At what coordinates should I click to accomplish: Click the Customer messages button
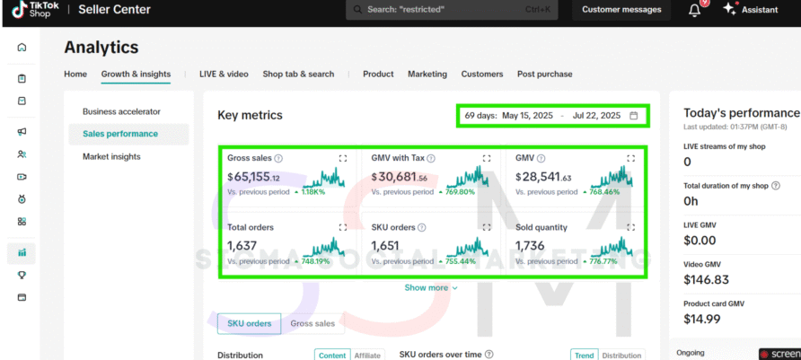(621, 10)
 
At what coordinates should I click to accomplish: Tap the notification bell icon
(694, 10)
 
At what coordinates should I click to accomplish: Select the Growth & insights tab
(136, 74)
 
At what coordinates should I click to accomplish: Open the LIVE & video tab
(224, 74)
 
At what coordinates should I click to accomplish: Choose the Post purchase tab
(544, 74)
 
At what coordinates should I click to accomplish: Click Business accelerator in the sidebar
(121, 111)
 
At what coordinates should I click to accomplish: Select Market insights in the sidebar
(111, 156)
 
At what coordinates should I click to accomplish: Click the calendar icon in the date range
(634, 116)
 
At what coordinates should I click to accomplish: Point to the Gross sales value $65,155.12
(253, 178)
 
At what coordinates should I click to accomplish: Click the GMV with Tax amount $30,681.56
(399, 178)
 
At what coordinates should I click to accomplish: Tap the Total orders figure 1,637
(242, 245)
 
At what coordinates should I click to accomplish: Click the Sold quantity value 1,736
(531, 245)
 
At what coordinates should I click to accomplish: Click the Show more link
(431, 287)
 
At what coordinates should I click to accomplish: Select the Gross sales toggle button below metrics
(312, 323)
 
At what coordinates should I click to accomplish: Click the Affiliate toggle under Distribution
(366, 356)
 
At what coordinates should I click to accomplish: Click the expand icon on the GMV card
(630, 158)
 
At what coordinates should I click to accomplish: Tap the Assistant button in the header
(753, 10)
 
